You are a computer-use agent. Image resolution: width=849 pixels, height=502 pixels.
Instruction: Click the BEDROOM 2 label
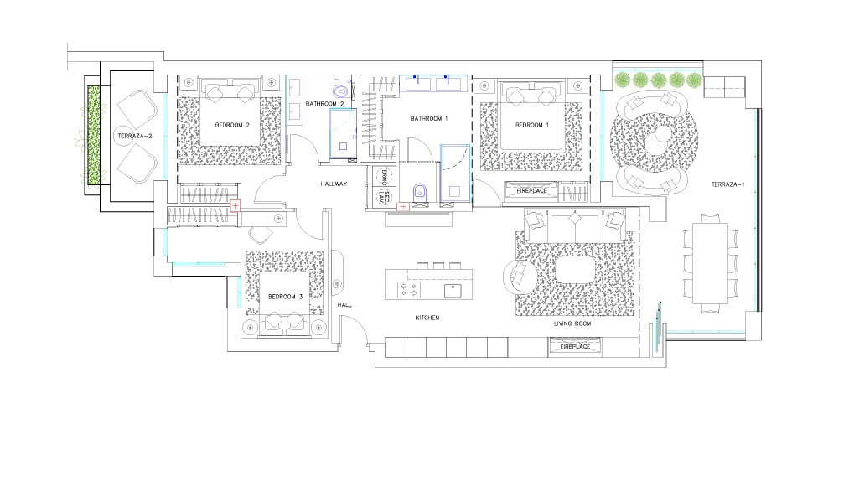[x=232, y=125]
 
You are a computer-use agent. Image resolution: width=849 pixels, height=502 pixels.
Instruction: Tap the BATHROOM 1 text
[x=429, y=118]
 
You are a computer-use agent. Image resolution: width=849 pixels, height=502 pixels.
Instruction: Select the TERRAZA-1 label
[x=727, y=184]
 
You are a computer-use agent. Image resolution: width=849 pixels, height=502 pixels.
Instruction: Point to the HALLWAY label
[x=334, y=184]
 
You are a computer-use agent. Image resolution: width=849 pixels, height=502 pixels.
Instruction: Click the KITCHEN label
[x=427, y=318]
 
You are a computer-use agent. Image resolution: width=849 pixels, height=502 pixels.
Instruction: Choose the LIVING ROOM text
[x=572, y=323]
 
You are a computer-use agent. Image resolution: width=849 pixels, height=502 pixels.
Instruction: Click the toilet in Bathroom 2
[x=340, y=91]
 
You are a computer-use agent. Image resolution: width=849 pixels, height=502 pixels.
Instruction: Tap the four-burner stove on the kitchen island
[x=409, y=290]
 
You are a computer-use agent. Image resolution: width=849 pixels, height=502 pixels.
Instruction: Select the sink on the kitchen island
[x=453, y=291]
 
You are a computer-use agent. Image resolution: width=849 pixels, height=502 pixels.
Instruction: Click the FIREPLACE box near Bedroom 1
[x=531, y=191]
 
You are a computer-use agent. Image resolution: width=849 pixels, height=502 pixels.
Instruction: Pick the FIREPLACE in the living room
[x=575, y=347]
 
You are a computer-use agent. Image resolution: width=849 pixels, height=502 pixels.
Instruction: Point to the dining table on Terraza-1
[x=711, y=263]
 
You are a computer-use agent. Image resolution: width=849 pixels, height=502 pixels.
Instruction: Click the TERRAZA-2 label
[x=135, y=137]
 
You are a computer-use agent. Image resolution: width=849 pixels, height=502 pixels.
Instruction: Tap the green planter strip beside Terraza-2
[x=94, y=135]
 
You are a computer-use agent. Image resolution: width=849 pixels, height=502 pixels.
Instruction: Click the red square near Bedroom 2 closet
[x=235, y=206]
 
